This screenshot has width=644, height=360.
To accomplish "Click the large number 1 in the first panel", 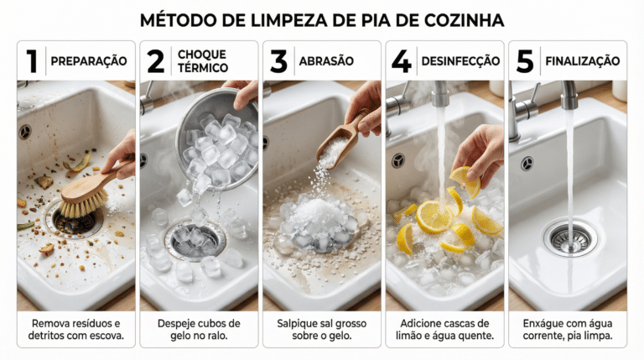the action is (x=32, y=61).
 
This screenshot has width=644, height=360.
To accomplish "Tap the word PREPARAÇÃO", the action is (x=89, y=61).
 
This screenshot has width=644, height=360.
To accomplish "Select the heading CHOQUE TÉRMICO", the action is (x=203, y=61).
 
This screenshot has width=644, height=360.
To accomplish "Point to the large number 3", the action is (x=279, y=61).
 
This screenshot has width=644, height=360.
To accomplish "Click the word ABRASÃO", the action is (x=326, y=61).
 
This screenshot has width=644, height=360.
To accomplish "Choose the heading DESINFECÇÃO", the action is (x=461, y=61).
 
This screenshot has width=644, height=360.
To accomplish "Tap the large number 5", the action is (x=525, y=61).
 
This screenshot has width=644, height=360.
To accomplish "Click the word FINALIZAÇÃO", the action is (x=583, y=61).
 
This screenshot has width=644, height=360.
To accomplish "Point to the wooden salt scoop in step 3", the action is (x=342, y=138).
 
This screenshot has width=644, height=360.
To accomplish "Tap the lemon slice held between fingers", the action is (x=465, y=180).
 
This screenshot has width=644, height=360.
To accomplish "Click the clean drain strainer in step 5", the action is (x=570, y=239).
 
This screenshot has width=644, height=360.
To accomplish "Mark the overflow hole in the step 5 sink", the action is (x=527, y=164).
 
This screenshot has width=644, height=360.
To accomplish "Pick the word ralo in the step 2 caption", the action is (x=218, y=336).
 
